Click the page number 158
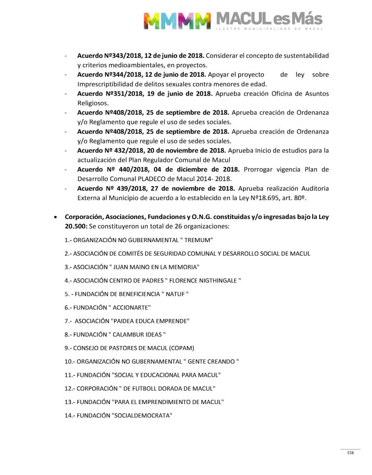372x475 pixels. [350, 453]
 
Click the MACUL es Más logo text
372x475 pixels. [269, 20]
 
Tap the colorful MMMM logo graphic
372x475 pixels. [177, 21]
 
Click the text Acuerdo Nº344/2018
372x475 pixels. [107, 75]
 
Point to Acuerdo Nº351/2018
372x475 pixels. [107, 94]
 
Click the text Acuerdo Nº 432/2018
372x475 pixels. [108, 151]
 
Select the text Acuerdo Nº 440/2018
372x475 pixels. [109, 169]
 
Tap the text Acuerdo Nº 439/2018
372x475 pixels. [109, 188]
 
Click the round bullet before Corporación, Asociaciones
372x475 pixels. [56, 217]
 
